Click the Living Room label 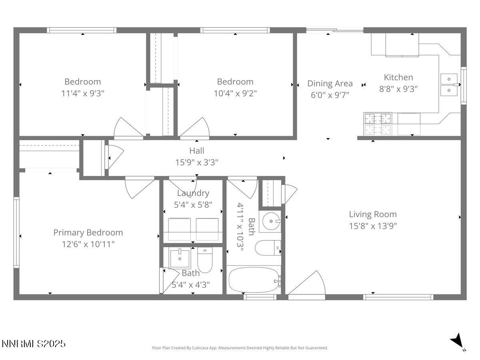pos(373,214)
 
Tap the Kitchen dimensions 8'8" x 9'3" pos(398,89)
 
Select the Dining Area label pos(330,83)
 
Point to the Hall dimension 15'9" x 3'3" pos(196,162)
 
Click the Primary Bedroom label pos(88,232)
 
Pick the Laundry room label pos(193,193)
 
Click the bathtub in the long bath pos(254,281)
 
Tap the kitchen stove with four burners pos(378,124)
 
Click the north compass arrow pos(457,341)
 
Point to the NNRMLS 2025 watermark pos(34,344)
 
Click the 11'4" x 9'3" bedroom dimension pos(83,93)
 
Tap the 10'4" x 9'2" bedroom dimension pos(235,93)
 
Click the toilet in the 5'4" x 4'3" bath pos(204,260)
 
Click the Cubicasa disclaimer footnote pos(240,348)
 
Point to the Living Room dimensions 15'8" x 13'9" pos(373,226)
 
